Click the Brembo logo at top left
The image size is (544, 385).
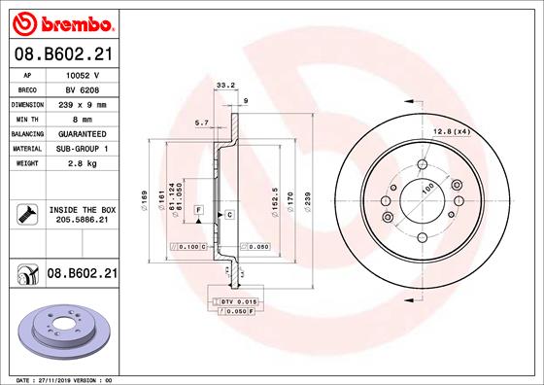63,24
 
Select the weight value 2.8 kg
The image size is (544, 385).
83,163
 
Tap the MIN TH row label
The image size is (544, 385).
27,120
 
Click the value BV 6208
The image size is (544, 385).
83,90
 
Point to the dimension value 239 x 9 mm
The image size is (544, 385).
83,105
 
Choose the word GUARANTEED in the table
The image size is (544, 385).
83,134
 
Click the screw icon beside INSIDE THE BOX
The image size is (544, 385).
27,214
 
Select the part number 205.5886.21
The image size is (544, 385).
83,220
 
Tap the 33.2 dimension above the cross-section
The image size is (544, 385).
225,85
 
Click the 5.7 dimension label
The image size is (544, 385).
202,122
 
